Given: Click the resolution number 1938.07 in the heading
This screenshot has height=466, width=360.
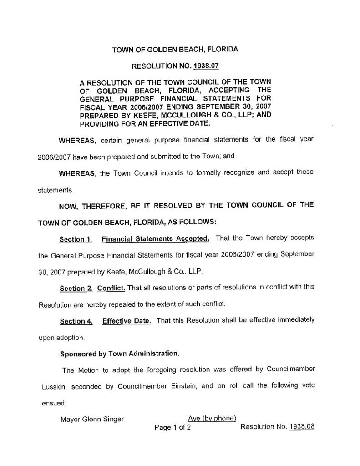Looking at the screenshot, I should point(206,66).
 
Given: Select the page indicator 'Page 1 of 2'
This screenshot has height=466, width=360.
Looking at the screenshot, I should point(172,428).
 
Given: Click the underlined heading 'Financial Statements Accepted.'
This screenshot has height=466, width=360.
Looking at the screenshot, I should point(156,238).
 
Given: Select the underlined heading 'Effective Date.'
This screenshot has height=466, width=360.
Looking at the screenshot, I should point(127,321).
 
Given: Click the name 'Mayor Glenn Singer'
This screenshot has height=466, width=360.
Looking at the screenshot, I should point(92,419).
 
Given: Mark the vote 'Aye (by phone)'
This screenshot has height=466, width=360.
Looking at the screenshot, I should point(212,419).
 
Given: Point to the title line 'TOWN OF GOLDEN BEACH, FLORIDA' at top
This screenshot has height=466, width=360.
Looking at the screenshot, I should point(175,48).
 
